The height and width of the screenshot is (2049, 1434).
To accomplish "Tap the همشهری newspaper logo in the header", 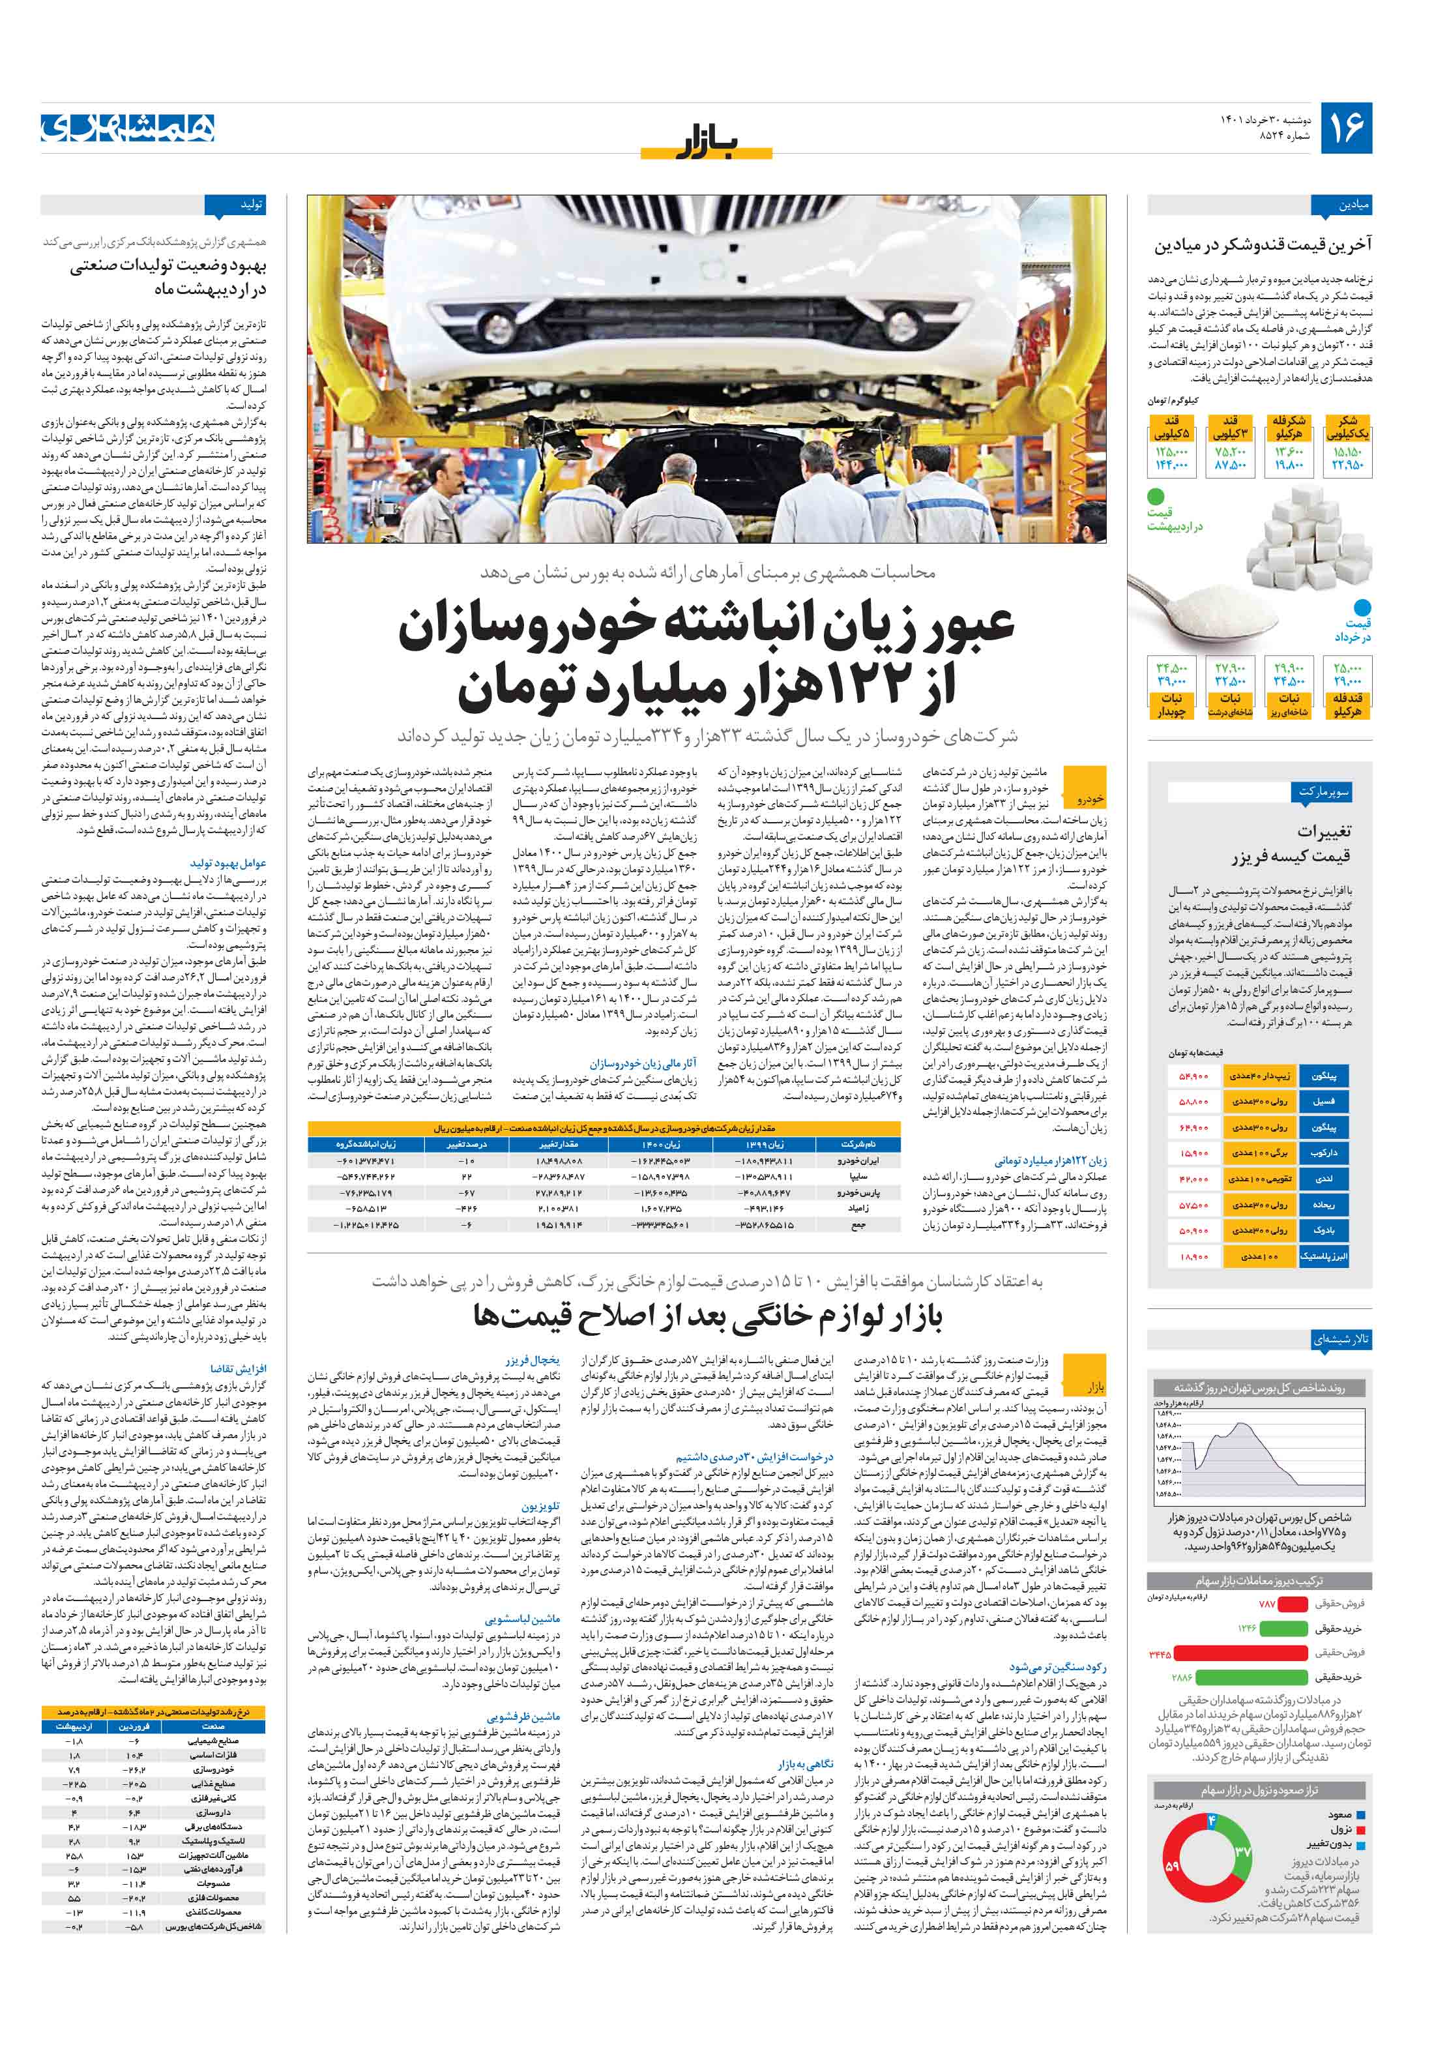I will [x=128, y=128].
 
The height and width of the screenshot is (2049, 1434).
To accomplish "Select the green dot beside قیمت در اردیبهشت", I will [x=1156, y=496].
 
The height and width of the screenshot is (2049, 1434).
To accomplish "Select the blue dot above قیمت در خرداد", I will [x=1362, y=608].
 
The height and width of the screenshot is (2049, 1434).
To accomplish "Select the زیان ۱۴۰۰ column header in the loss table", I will [x=661, y=1143].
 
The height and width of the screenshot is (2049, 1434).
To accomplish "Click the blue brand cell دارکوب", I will [x=1324, y=1153].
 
